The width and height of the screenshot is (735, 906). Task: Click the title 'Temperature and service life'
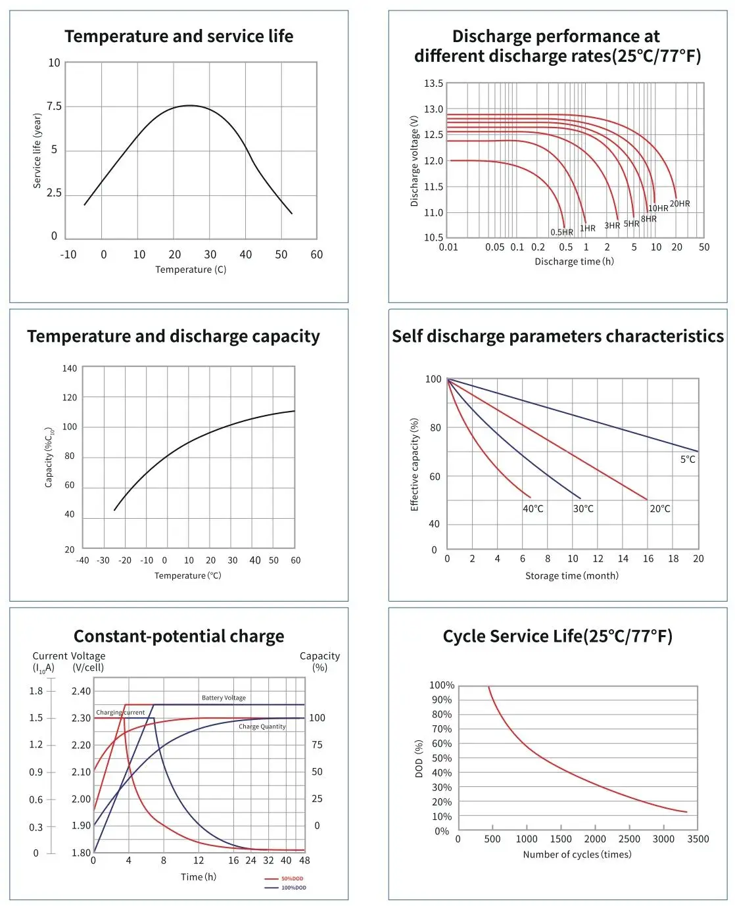point(179,37)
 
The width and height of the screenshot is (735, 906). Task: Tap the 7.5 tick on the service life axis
point(54,107)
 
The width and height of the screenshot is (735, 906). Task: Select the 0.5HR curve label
point(561,232)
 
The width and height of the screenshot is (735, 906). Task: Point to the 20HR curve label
point(680,204)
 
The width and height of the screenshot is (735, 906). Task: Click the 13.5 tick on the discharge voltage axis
point(433,83)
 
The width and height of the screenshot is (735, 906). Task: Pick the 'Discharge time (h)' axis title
point(574,262)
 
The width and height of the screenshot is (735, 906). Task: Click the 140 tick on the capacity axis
point(70,369)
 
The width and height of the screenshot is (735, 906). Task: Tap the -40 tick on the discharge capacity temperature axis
point(82,561)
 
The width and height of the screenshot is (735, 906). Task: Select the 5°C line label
point(688,460)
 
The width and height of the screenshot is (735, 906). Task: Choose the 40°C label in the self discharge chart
point(533,509)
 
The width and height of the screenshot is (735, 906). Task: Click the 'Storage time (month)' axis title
point(571,576)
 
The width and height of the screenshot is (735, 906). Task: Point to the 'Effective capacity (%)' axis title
point(414,464)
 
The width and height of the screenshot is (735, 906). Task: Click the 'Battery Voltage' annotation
point(224,698)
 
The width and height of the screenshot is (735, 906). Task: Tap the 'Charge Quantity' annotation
point(262,727)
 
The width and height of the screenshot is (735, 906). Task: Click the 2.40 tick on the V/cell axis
point(81,692)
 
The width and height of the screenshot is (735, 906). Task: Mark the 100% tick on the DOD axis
point(441,686)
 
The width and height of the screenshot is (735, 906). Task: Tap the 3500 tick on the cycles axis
point(698,840)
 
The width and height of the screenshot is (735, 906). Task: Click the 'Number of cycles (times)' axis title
point(577,855)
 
